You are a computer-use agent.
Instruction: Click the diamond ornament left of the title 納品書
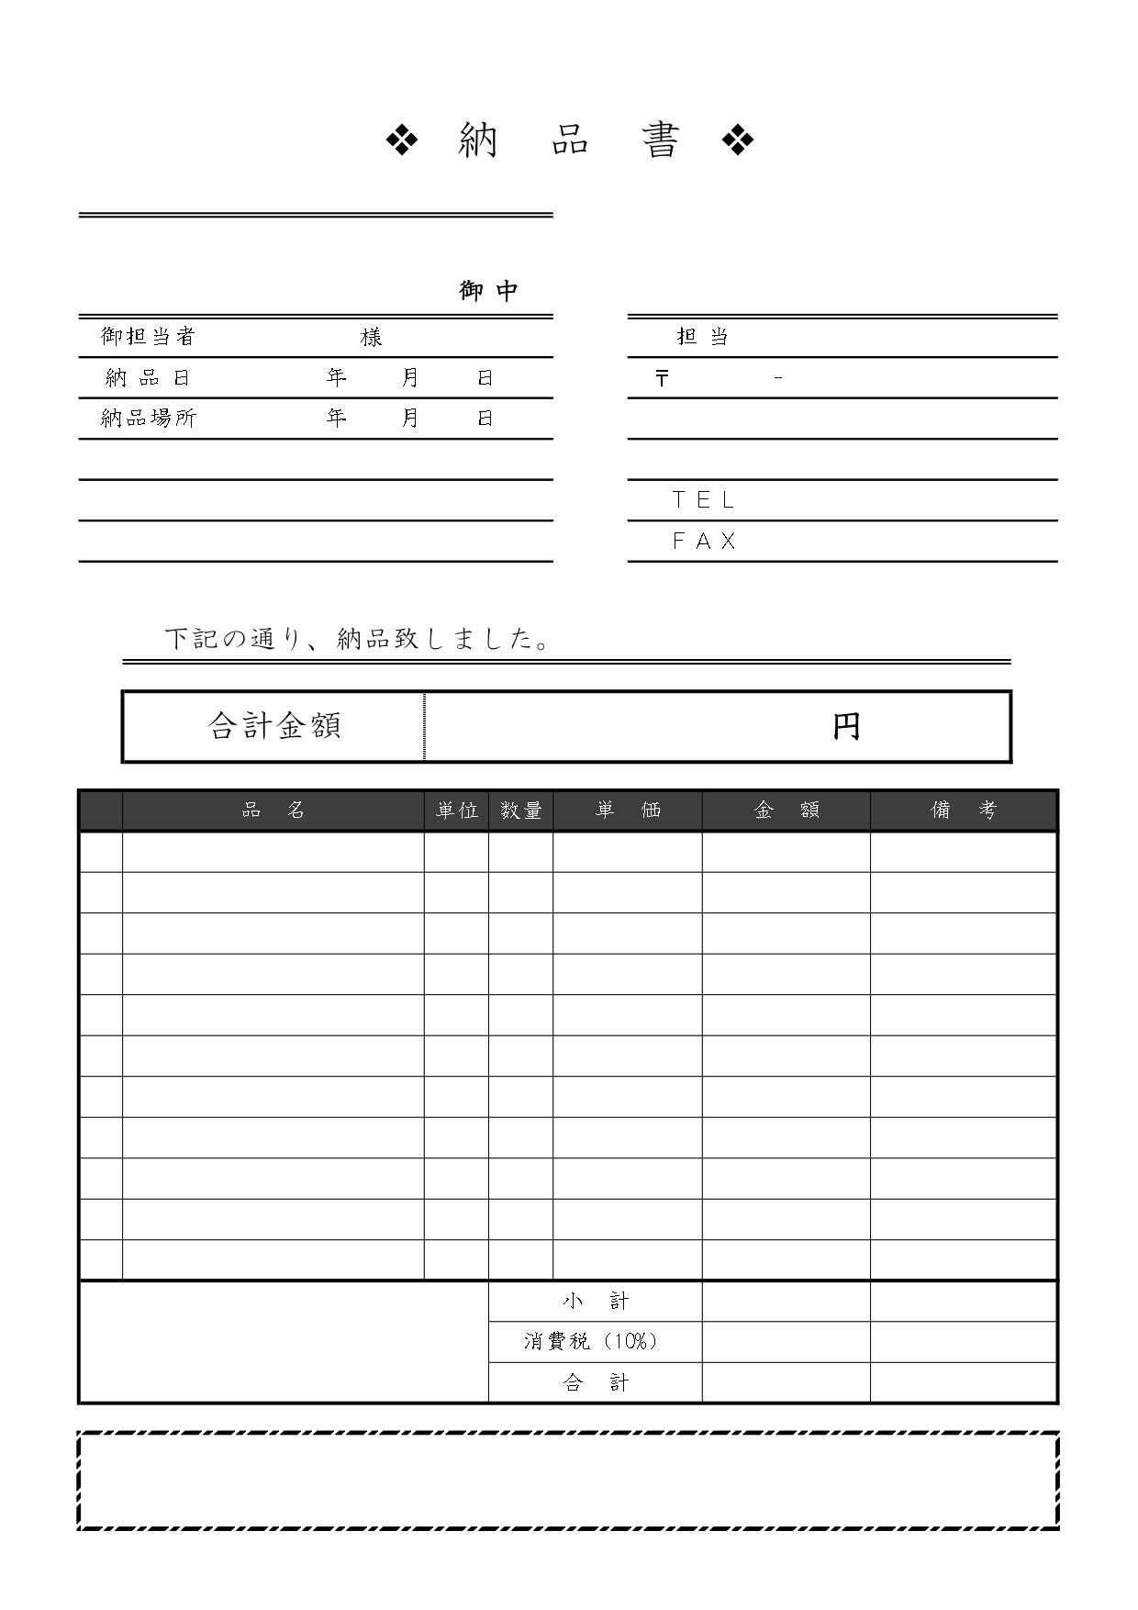point(402,140)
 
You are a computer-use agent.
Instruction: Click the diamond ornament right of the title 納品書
point(738,140)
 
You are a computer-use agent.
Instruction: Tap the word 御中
point(489,291)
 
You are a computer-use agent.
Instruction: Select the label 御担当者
point(148,337)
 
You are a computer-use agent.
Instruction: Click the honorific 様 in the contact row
point(371,338)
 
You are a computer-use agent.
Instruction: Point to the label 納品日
point(148,377)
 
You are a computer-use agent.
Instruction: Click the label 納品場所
point(148,419)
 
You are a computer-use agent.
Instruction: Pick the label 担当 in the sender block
point(702,337)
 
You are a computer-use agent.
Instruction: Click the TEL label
point(704,500)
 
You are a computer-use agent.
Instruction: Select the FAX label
point(704,542)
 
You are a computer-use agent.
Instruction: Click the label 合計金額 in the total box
point(274,726)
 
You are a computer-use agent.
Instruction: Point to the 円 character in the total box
point(846,727)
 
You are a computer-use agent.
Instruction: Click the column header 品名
point(273,811)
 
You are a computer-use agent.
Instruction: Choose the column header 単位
point(456,811)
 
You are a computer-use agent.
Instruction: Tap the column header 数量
point(520,811)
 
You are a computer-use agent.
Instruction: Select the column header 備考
point(963,811)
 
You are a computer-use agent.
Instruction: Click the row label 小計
point(595,1301)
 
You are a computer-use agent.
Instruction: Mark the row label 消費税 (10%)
point(591,1341)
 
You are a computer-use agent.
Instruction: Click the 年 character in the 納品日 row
point(337,377)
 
